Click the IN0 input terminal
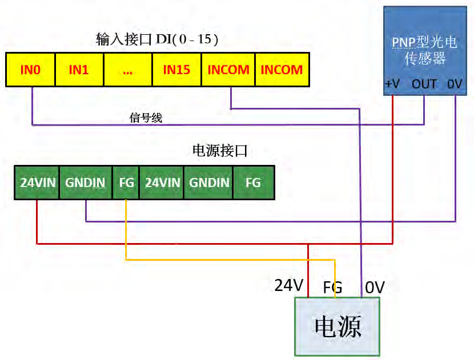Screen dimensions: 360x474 pyautogui.click(x=31, y=70)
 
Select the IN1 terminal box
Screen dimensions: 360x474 pyautogui.click(x=79, y=70)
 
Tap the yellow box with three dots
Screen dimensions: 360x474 pyautogui.click(x=127, y=70)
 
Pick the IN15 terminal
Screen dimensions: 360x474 pyautogui.click(x=176, y=70)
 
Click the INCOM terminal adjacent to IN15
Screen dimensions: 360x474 pyautogui.click(x=228, y=70)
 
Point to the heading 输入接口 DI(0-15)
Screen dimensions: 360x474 pyautogui.click(x=157, y=39)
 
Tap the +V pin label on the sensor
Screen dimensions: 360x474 pyautogui.click(x=392, y=84)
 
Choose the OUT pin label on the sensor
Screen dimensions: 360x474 pyautogui.click(x=424, y=84)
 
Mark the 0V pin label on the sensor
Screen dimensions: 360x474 pyautogui.click(x=455, y=84)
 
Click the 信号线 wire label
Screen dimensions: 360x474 pyautogui.click(x=146, y=118)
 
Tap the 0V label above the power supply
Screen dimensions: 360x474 pyautogui.click(x=375, y=287)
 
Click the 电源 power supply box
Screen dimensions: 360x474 pyautogui.click(x=338, y=328)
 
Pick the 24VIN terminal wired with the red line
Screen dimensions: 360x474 pyautogui.click(x=37, y=183)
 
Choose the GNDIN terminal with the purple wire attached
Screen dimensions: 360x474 pyautogui.click(x=86, y=183)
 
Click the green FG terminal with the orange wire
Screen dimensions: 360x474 pyautogui.click(x=126, y=183)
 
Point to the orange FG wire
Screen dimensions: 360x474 pyautogui.click(x=228, y=260)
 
